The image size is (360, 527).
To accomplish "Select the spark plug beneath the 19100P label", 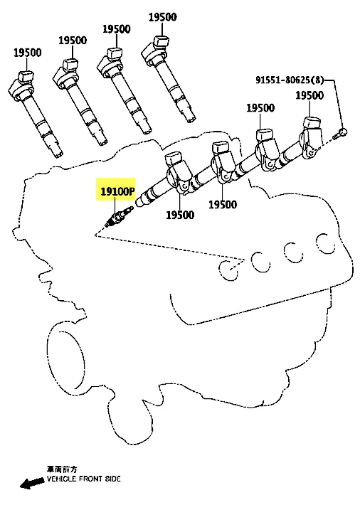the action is point(119,217).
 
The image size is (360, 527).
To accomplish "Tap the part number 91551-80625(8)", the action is point(290,80).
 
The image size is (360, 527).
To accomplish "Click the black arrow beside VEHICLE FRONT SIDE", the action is point(32,482).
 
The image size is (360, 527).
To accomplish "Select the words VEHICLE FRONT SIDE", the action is point(84,479).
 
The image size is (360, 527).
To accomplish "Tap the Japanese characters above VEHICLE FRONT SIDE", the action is point(61,469).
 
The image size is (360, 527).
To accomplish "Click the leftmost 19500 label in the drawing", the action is point(28,53).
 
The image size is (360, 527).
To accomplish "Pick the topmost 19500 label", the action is point(163,17).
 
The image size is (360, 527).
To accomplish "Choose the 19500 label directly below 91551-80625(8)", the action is point(309,95).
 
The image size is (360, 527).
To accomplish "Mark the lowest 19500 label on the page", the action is point(180,215).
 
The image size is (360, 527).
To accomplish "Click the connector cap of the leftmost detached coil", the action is point(26,76).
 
